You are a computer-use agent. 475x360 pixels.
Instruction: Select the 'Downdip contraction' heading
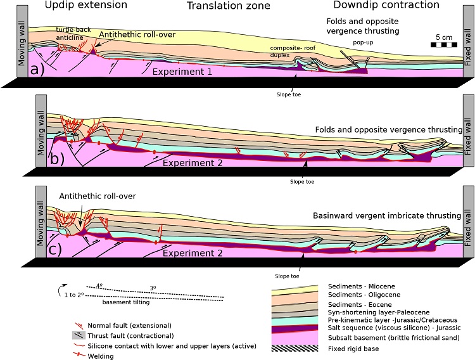[x=393, y=5]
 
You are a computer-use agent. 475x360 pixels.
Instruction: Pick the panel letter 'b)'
[x=58, y=158]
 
